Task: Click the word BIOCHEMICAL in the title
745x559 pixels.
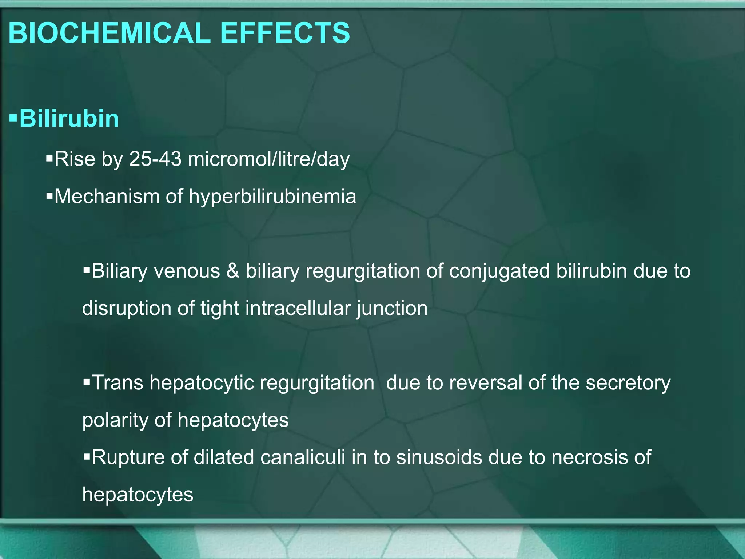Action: [109, 33]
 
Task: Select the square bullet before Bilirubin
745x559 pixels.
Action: [13, 118]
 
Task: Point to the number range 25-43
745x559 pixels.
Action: [155, 159]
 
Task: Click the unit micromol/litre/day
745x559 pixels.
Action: [268, 159]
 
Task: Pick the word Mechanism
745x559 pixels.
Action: [107, 197]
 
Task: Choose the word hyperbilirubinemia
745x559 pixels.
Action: [272, 197]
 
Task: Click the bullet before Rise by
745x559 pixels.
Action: [49, 158]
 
